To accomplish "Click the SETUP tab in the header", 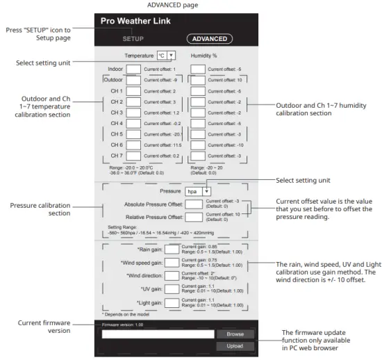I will [x=133, y=39].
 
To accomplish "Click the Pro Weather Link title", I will [x=135, y=21].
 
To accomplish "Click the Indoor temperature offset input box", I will [x=133, y=69].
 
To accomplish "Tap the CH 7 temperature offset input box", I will [x=133, y=156].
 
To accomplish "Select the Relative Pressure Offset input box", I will [x=194, y=217].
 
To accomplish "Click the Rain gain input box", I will [x=171, y=249].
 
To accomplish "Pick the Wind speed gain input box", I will [x=171, y=263].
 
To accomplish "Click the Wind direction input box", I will [x=171, y=277].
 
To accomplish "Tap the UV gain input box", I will [x=171, y=291].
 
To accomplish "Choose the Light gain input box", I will [x=171, y=304].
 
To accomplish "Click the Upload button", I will [x=235, y=346].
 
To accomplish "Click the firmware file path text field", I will [x=158, y=334].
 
